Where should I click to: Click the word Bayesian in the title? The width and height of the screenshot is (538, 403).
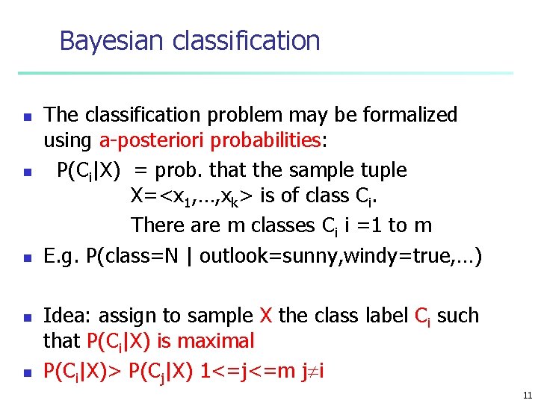pos(113,40)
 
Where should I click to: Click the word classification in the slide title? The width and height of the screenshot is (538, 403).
pos(246,40)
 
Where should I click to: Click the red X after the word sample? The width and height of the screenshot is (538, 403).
pos(265,315)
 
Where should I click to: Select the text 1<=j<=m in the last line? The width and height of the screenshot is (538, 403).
pos(244,369)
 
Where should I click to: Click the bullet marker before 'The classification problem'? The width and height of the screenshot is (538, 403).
pos(25,116)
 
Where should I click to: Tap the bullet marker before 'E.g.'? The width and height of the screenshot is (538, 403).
pos(25,258)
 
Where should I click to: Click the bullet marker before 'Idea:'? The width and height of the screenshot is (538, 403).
pos(25,317)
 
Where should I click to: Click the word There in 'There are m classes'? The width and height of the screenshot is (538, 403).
pos(156,225)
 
